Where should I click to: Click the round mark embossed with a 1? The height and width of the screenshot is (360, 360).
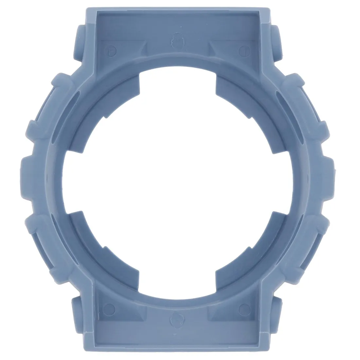coord(243,51)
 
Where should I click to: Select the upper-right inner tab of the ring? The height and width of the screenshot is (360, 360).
coord(231,92)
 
